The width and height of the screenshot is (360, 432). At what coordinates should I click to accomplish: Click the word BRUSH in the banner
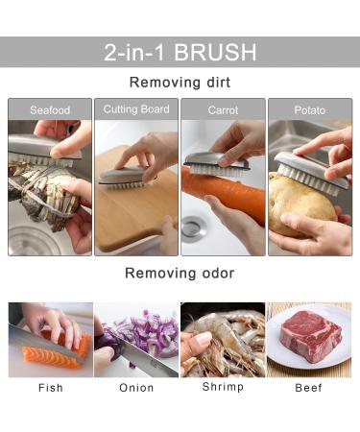click(x=215, y=52)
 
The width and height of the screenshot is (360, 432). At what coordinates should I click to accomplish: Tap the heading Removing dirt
click(x=180, y=83)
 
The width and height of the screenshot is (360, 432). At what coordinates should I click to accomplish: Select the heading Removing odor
click(x=180, y=274)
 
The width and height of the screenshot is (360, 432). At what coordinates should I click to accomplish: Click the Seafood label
click(x=50, y=110)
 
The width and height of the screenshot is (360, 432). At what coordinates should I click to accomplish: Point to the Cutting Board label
click(x=136, y=109)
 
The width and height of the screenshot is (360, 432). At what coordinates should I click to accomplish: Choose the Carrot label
click(x=223, y=110)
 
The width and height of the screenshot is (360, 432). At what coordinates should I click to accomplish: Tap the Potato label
click(x=310, y=110)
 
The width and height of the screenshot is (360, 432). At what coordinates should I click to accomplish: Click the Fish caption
click(x=51, y=388)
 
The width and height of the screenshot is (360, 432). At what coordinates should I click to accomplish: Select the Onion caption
click(x=136, y=388)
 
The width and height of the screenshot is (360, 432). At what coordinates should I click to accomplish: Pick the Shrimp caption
click(x=223, y=387)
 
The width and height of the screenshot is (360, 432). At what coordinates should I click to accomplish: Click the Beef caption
click(x=308, y=388)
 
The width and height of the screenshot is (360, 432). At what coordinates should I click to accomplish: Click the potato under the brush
click(x=300, y=202)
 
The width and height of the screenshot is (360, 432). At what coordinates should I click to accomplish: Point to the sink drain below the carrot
click(x=192, y=228)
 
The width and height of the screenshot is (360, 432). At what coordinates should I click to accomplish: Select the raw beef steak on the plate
click(x=310, y=336)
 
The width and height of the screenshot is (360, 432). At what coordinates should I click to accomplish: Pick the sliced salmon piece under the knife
click(x=51, y=357)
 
